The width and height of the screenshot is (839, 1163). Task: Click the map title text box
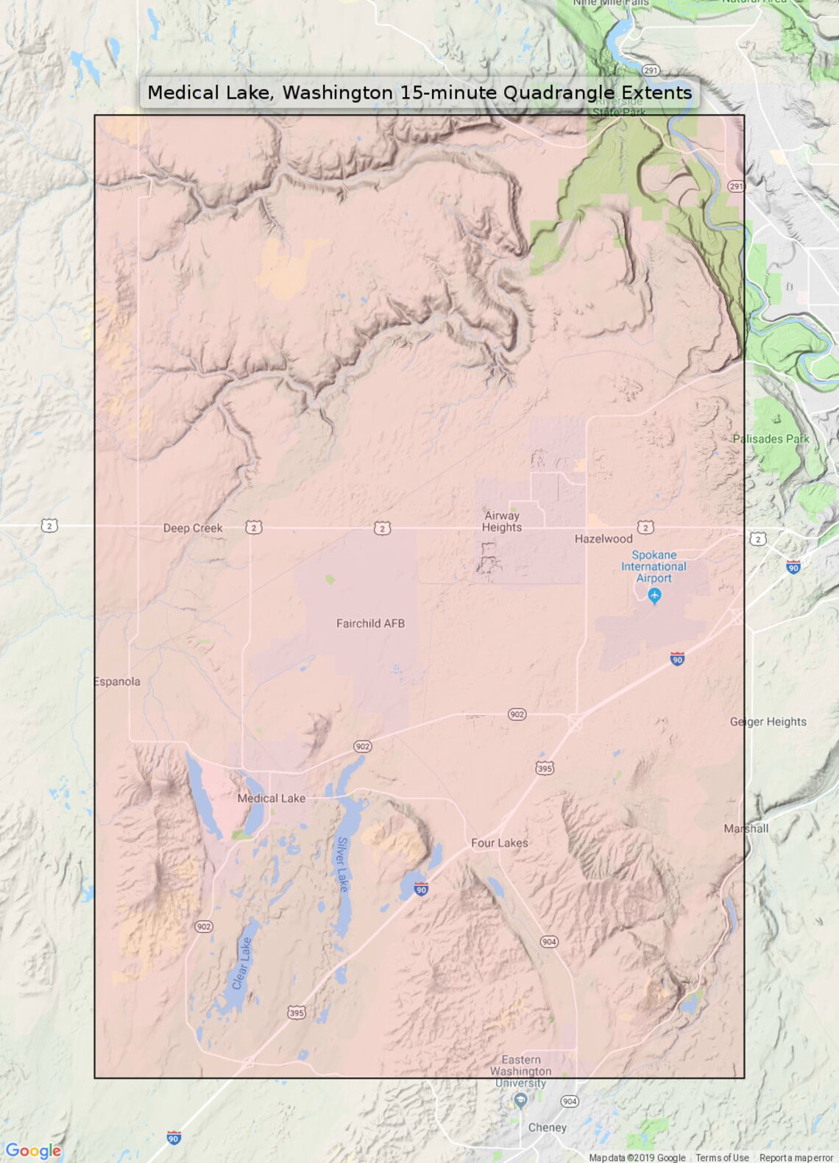(419, 93)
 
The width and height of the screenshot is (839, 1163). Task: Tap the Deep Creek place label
(193, 528)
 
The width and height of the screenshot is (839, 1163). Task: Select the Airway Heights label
(502, 522)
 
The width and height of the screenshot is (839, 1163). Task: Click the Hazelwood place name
(603, 539)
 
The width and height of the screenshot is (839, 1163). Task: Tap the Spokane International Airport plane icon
(654, 596)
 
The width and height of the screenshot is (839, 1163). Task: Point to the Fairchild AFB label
(370, 624)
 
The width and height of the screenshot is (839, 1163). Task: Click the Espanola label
(118, 682)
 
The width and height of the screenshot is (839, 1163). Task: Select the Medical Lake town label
(271, 799)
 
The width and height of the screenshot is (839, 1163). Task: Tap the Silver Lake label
(342, 864)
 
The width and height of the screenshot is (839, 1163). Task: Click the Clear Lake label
(241, 964)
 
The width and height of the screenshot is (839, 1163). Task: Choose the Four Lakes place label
(500, 843)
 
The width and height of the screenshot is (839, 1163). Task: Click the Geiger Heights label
(768, 722)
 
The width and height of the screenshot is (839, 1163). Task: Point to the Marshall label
(746, 829)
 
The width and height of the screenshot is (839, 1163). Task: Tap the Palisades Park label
(771, 439)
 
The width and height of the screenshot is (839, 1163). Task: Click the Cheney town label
(548, 1128)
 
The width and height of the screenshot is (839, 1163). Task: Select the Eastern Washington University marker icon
(520, 1100)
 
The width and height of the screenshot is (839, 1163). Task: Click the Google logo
(33, 1150)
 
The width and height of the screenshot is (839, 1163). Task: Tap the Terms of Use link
(722, 1158)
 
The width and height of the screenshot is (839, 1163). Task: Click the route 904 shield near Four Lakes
(549, 942)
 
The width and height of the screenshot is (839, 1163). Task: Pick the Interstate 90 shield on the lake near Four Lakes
(421, 889)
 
